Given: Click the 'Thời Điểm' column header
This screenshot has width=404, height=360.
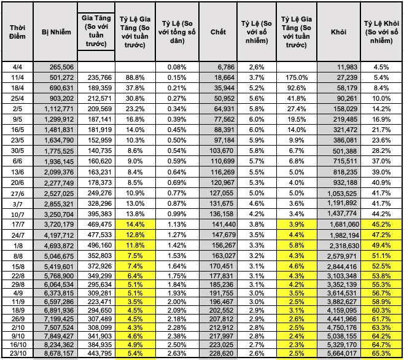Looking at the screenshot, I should click(16, 31).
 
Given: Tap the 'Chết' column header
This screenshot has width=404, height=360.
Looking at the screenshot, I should click(217, 31).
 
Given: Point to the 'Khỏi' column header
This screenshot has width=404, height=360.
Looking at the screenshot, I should click(338, 31).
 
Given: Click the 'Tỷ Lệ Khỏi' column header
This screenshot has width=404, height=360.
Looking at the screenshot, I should click(381, 31).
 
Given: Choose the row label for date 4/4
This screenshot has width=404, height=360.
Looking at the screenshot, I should click(16, 66).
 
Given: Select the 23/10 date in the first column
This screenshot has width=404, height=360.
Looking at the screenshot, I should click(16, 354).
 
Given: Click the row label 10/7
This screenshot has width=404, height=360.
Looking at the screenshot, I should click(16, 214).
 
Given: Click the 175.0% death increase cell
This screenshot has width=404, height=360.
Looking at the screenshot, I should click(297, 77).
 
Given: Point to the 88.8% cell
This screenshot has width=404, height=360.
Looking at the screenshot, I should click(135, 77).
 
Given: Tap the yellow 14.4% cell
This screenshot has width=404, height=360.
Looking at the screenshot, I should click(135, 225).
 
